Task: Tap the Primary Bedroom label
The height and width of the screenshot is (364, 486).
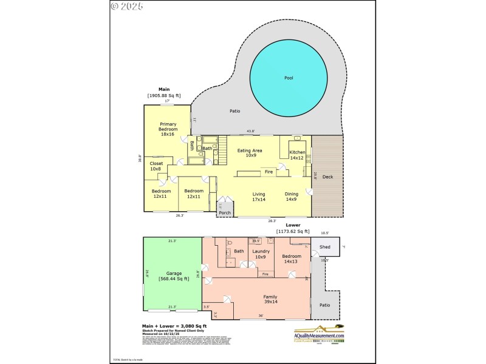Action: pos(168,128)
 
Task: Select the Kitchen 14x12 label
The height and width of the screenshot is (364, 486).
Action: pos(297,155)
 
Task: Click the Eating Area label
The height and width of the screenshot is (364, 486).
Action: pos(250,152)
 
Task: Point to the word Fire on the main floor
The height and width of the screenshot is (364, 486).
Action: pos(269,172)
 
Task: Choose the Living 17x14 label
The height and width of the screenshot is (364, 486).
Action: pos(259,197)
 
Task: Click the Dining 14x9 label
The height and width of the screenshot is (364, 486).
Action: pos(292,197)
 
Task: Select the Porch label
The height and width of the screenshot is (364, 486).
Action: pos(225,213)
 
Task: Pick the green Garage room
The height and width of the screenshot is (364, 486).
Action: pos(172,275)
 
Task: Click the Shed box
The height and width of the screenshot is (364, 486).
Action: pos(325,247)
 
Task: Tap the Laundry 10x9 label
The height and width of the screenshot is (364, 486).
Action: pos(261,254)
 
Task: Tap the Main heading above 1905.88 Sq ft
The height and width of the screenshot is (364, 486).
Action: pos(164,89)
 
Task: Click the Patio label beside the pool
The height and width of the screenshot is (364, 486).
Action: pos(235,111)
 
